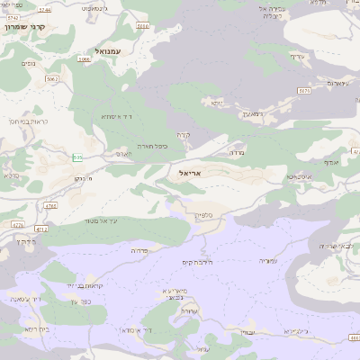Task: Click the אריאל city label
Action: (x=193, y=172)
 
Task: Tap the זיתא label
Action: (x=216, y=102)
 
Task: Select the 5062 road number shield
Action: (x=51, y=78)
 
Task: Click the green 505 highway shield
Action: (x=77, y=157)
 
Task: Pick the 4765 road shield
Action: (x=49, y=207)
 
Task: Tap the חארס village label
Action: (x=125, y=154)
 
